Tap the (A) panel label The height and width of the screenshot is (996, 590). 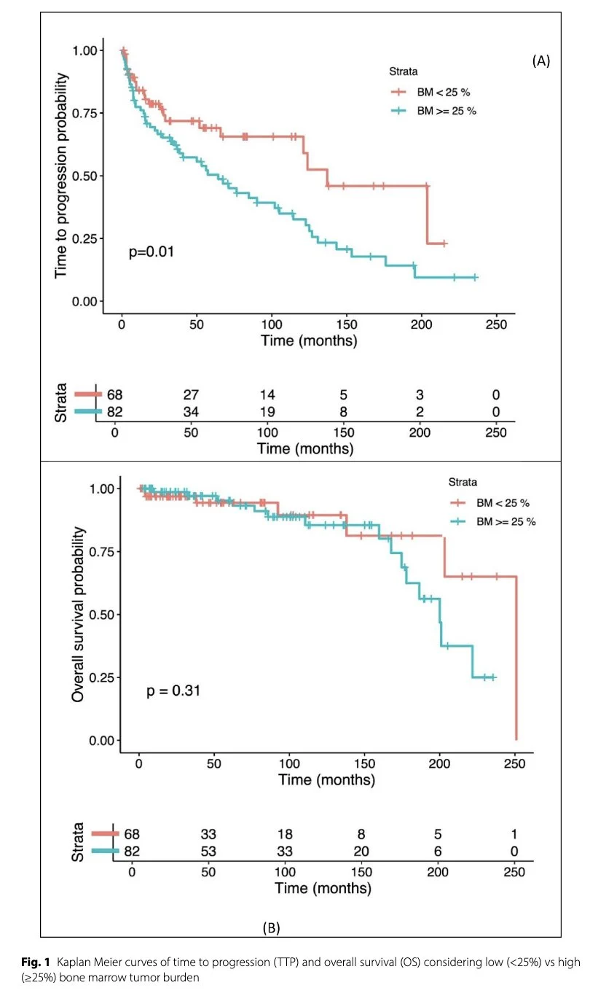(540, 61)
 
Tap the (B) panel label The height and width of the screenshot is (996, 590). (271, 927)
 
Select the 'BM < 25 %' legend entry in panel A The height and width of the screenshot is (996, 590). (434, 92)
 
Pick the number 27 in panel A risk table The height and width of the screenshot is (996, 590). (191, 394)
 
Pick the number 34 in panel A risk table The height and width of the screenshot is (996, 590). (191, 412)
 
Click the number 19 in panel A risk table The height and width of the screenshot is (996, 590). (267, 412)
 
